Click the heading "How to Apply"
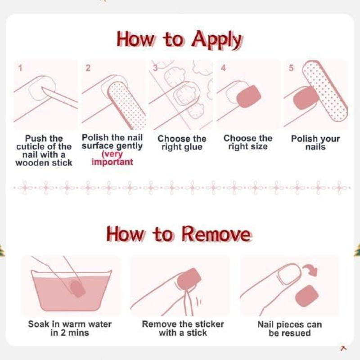click(179, 40)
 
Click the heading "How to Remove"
click(179, 234)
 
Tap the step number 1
click(20, 68)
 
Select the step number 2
click(88, 68)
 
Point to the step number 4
click(223, 68)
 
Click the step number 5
click(291, 68)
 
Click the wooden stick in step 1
click(59, 97)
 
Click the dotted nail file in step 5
click(325, 91)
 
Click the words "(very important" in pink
click(112, 158)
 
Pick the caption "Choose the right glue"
click(182, 143)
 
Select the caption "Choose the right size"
click(248, 142)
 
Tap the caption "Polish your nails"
click(315, 143)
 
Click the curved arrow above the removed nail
click(310, 270)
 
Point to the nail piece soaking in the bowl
click(77, 288)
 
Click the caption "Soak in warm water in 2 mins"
click(70, 328)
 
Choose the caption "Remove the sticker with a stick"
click(183, 328)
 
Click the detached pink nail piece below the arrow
click(307, 296)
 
